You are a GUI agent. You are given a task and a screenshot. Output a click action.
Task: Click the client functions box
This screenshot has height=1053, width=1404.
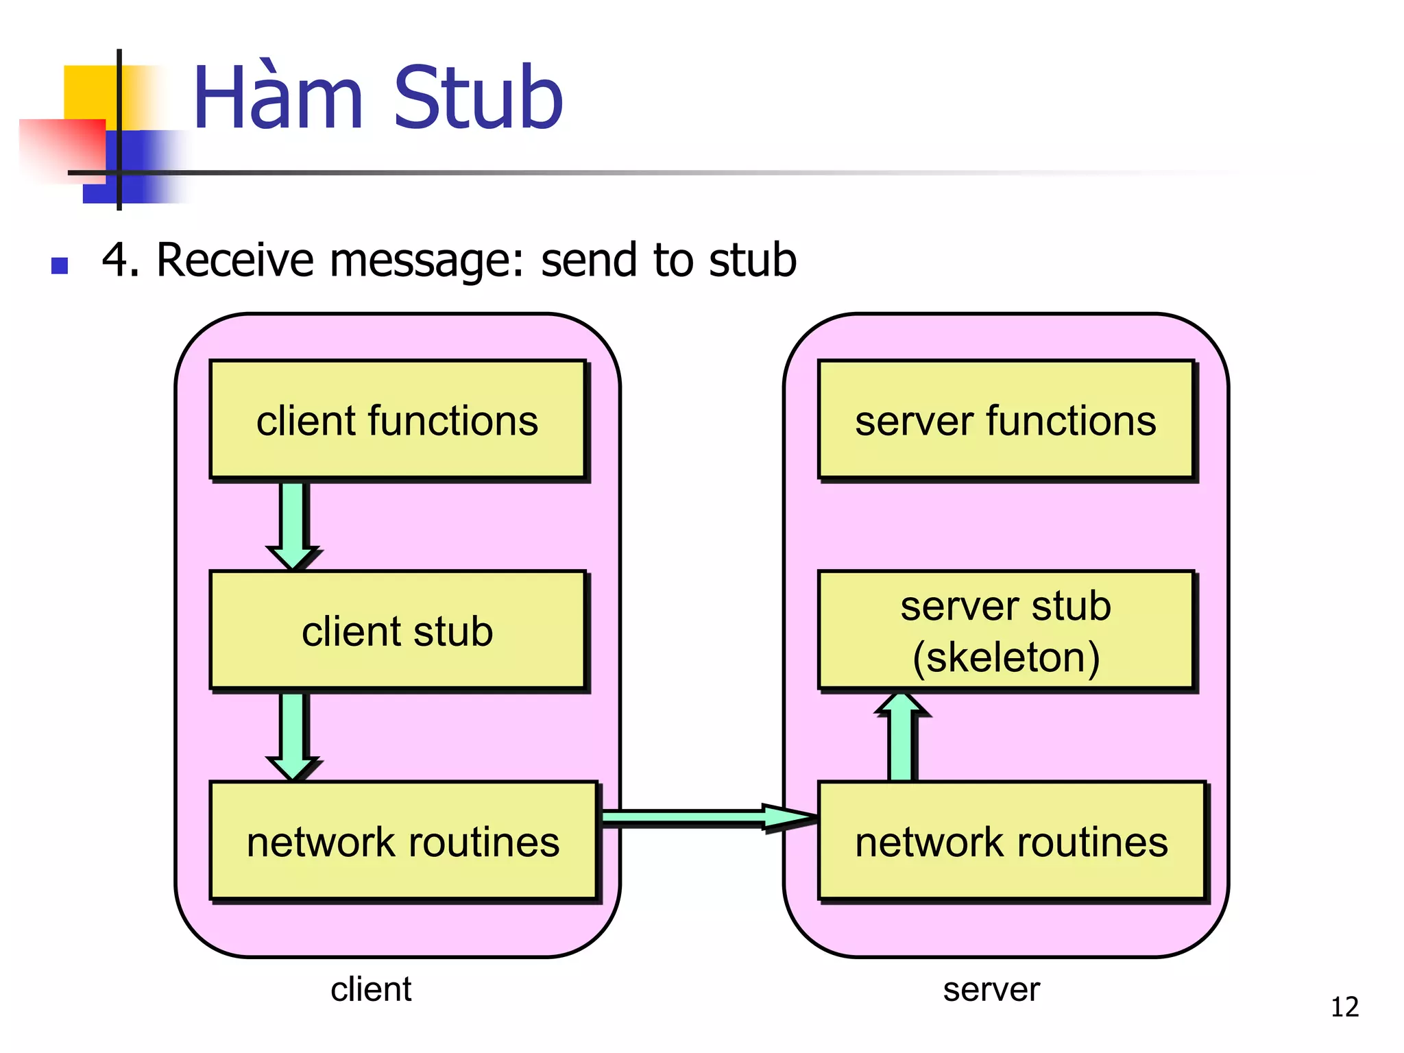(x=397, y=420)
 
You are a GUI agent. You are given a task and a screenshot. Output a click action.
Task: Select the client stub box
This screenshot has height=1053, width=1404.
(x=397, y=630)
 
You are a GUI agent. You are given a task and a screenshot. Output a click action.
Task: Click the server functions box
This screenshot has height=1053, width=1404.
(x=1005, y=420)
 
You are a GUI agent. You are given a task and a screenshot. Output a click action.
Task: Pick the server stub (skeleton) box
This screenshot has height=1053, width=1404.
(x=1005, y=630)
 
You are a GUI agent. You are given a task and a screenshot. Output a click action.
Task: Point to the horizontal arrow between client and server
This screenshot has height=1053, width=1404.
(x=706, y=816)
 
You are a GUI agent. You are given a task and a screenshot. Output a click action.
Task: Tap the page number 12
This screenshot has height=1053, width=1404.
(x=1344, y=1007)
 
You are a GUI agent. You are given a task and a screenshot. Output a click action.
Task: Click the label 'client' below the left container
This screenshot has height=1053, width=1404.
(x=371, y=989)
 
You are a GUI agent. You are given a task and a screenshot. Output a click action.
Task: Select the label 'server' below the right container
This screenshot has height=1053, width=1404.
(x=991, y=989)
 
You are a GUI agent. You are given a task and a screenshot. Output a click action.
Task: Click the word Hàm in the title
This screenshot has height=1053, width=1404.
(x=278, y=97)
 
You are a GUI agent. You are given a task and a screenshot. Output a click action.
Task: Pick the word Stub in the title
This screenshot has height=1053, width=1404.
(x=478, y=97)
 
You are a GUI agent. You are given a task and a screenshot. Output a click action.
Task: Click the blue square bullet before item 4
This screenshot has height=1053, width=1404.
(x=60, y=265)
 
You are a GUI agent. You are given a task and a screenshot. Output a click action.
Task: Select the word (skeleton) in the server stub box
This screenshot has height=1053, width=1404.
(x=1006, y=657)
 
